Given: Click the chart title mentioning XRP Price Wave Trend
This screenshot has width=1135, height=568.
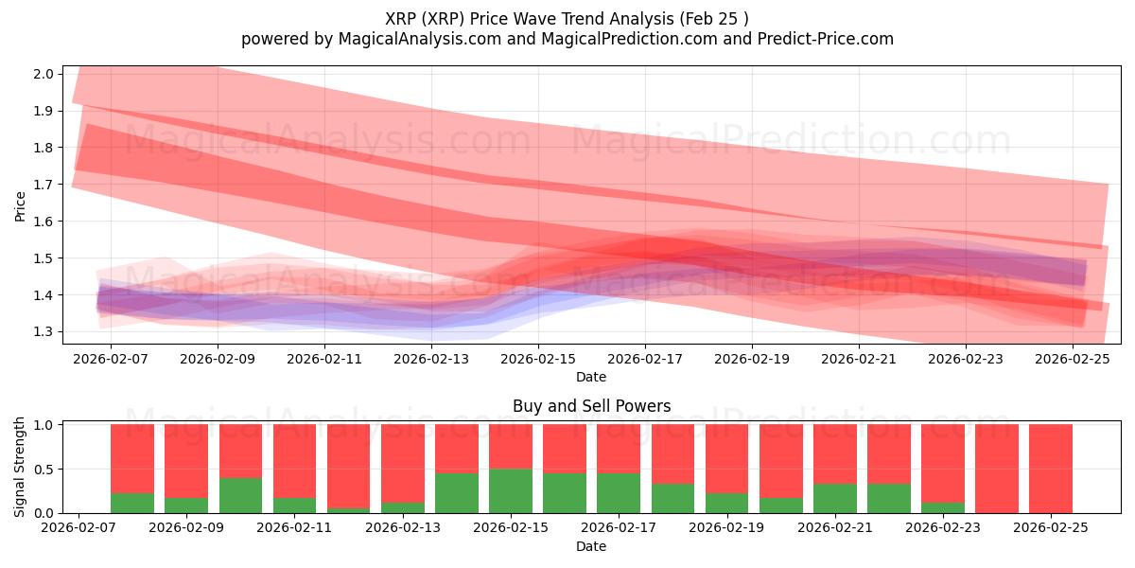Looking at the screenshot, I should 567,18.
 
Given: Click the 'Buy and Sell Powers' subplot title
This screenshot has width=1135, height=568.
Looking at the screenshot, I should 591,406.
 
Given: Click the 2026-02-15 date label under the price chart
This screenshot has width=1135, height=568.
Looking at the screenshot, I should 538,360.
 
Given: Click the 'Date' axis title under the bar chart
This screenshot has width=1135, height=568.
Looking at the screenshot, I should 591,546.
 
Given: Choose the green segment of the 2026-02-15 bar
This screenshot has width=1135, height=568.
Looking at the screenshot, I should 511,490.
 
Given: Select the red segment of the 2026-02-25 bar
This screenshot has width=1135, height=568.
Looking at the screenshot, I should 1051,469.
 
